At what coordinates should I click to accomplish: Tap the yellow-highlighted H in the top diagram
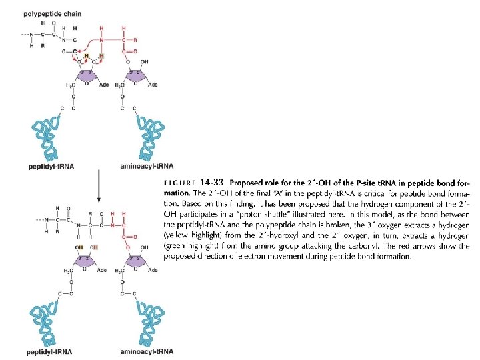pyautogui.click(x=87, y=55)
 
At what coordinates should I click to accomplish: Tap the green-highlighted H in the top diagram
pyautogui.click(x=101, y=55)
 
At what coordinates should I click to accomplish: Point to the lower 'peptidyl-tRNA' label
pyautogui.click(x=50, y=351)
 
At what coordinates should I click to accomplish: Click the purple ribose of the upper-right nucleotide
pyautogui.click(x=136, y=76)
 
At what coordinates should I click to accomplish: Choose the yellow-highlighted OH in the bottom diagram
pyautogui.click(x=79, y=247)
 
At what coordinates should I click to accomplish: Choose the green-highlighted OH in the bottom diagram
pyautogui.click(x=94, y=247)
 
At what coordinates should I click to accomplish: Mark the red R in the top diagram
pyautogui.click(x=135, y=39)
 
